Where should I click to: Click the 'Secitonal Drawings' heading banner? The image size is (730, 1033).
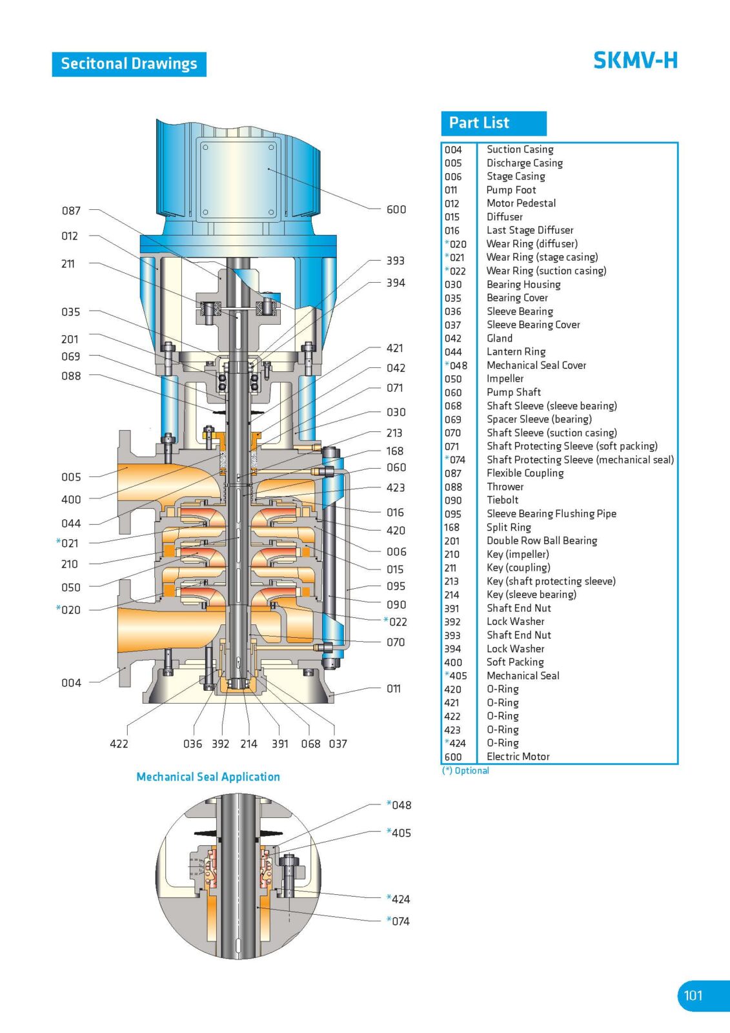[128, 64]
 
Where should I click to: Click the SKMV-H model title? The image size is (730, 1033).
[635, 61]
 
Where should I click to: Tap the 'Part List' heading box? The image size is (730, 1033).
[493, 123]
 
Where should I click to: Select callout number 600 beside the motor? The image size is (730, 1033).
[396, 209]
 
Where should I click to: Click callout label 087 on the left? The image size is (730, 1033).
[71, 210]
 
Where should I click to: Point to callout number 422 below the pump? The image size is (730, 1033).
[119, 744]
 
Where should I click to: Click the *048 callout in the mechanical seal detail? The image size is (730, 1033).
[399, 805]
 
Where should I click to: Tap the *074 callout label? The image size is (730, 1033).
[398, 921]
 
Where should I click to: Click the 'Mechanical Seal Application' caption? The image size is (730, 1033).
[208, 777]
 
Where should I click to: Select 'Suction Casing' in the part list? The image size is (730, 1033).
[520, 149]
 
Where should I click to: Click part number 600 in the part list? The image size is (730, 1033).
[453, 757]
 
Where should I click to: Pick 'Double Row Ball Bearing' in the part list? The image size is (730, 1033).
[542, 540]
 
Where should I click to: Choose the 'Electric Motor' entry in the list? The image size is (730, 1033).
[518, 757]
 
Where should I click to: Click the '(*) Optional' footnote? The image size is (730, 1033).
[465, 771]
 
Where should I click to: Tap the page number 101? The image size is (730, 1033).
[693, 995]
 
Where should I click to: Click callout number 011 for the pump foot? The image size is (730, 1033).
[394, 689]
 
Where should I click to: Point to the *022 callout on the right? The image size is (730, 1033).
[396, 622]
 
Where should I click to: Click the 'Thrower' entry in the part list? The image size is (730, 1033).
[505, 487]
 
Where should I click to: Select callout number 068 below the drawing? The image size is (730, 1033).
[310, 744]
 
